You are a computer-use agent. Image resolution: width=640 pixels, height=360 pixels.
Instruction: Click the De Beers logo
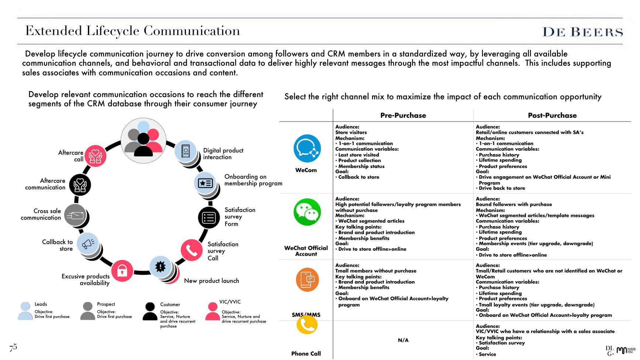pyautogui.click(x=582, y=32)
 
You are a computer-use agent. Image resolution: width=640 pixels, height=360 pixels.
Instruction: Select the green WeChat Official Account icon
pyautogui.click(x=307, y=212)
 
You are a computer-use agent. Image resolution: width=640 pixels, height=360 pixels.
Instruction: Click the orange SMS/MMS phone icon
pyautogui.click(x=307, y=280)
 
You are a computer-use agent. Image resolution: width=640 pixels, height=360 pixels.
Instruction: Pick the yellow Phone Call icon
pyautogui.click(x=307, y=325)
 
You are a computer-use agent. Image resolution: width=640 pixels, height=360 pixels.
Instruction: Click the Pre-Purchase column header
pyautogui.click(x=403, y=115)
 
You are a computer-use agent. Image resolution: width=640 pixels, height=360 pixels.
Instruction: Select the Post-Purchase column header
pyautogui.click(x=552, y=115)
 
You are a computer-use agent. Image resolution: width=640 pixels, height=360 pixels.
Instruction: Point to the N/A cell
pyautogui.click(x=403, y=340)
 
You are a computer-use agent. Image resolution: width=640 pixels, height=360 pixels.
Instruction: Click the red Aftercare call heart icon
pyautogui.click(x=95, y=156)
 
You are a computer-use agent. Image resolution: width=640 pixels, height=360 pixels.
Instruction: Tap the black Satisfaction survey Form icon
pyautogui.click(x=209, y=217)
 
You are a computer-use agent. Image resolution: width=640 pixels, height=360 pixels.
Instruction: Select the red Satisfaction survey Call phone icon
pyautogui.click(x=191, y=250)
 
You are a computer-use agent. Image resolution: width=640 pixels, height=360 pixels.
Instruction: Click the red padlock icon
pyautogui.click(x=122, y=271)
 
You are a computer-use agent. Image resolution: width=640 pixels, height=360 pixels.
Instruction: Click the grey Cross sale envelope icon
pyautogui.click(x=76, y=215)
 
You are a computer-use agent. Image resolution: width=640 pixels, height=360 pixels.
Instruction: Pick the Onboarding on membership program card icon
pyautogui.click(x=205, y=183)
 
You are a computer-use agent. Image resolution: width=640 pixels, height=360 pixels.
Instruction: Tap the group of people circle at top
pyautogui.click(x=144, y=140)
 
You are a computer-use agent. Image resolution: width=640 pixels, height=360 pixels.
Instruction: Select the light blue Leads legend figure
pyautogui.click(x=25, y=311)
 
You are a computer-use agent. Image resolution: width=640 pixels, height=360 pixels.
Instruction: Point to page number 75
pyautogui.click(x=13, y=347)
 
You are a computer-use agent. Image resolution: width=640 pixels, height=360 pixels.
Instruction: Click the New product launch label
pyautogui.click(x=211, y=281)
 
